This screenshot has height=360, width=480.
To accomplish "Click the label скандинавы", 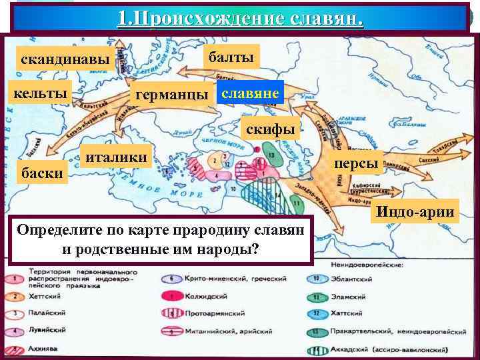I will click(x=65, y=60).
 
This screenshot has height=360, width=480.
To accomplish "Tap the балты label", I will click(x=231, y=58).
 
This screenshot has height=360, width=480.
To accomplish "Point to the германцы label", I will click(x=171, y=95).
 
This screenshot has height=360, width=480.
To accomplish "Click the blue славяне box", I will click(x=251, y=93).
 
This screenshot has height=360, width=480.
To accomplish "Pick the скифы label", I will click(x=270, y=128).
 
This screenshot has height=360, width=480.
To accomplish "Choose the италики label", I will click(x=117, y=157).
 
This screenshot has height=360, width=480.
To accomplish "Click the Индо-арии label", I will click(x=417, y=212).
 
